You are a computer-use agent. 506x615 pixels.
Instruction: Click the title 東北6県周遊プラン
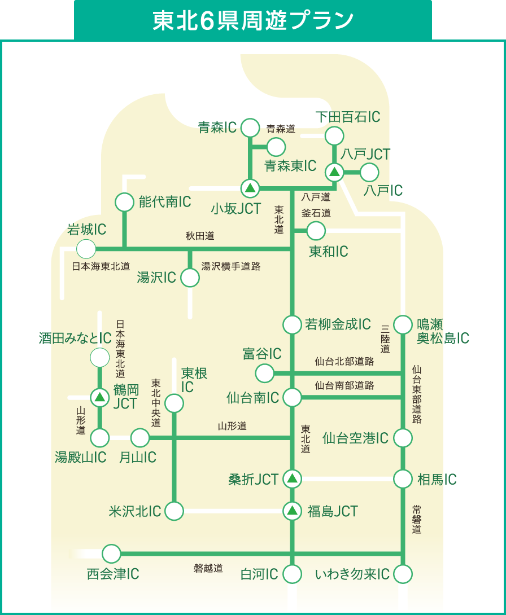252,20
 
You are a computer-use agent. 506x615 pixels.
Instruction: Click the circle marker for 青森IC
249,128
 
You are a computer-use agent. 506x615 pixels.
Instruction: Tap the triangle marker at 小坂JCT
249,187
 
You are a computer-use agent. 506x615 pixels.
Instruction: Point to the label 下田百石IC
347,117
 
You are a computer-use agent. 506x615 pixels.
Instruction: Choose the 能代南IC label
165,201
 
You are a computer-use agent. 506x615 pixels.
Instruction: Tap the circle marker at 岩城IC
86,248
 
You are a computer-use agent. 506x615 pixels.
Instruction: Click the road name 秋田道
200,236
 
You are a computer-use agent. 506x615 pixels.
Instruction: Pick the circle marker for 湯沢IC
190,278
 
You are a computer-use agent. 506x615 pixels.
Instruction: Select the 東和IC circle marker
316,230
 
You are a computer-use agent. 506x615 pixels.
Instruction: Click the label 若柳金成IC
338,324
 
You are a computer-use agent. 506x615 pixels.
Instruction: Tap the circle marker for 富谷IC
264,373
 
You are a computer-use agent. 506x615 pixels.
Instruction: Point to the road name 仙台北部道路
344,362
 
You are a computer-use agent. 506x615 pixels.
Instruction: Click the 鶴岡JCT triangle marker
100,397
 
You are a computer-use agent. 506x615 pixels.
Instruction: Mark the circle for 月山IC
139,437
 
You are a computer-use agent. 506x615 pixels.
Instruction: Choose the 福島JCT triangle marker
292,511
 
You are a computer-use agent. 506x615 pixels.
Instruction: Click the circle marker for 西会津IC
112,553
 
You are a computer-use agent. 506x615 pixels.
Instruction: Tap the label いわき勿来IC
352,574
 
